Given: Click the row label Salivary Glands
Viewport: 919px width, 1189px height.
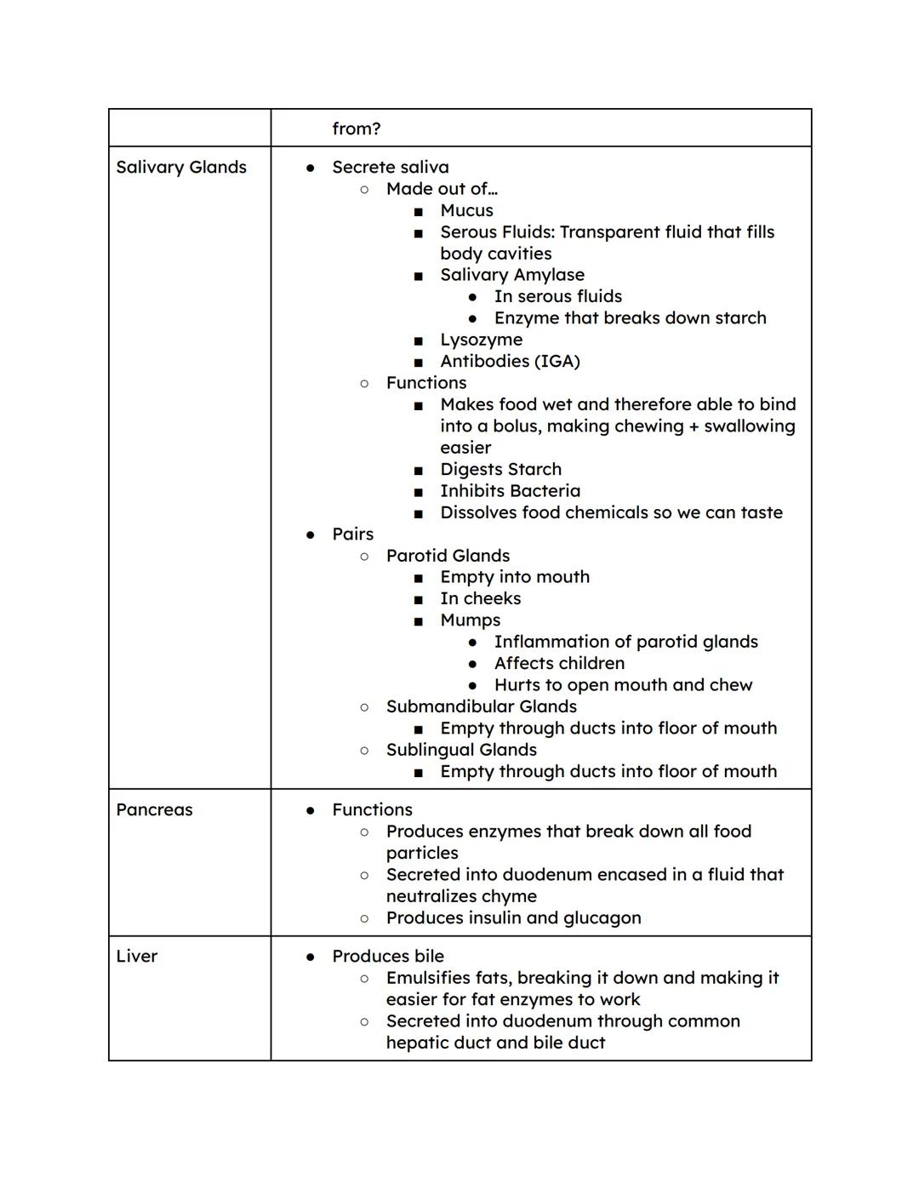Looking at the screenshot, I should [181, 168].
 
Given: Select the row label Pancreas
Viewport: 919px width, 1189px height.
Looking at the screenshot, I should [154, 810].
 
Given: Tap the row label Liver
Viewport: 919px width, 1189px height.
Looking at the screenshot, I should [137, 957].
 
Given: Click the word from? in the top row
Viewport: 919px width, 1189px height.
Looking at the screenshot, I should [356, 129].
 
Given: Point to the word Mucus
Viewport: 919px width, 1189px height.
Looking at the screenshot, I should [466, 211].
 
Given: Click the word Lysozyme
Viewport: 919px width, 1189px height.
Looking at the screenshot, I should [481, 340].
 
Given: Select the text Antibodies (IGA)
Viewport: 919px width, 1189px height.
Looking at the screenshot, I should [510, 362].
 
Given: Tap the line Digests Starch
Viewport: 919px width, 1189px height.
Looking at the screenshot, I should [500, 470].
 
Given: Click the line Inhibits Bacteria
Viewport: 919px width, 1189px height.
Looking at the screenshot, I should [510, 491].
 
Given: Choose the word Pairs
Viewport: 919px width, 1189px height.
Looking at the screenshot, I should [352, 534].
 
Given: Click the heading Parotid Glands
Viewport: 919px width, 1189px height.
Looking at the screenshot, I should [448, 556].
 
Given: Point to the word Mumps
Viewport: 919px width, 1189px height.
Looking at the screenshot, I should [470, 620].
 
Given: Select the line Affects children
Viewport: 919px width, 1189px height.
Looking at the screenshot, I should [559, 664].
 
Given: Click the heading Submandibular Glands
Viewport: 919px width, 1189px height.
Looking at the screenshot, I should [481, 707].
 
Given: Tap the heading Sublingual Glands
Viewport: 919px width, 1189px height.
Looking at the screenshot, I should [461, 750].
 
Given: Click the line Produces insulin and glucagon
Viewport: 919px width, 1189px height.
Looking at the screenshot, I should [513, 918].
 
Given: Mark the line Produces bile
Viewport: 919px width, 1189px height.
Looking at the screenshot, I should [388, 957].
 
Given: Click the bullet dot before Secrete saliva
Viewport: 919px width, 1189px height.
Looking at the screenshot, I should [311, 169].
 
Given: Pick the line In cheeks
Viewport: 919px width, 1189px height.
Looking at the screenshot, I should [480, 599].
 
